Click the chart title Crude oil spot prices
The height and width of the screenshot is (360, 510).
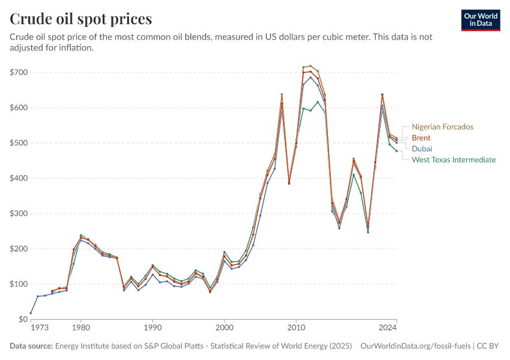(81, 19)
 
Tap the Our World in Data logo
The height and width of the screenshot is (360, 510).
(481, 20)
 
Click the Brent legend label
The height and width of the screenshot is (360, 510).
(421, 138)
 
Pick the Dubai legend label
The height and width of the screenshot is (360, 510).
(422, 149)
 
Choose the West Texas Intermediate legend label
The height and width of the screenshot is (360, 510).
(454, 160)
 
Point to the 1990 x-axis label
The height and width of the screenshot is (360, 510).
(152, 328)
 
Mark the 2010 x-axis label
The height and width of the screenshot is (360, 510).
(296, 328)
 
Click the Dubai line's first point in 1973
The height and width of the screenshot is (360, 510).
(31, 313)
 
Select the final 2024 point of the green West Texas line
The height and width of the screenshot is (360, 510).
(397, 151)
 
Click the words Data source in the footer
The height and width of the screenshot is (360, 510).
(31, 346)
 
